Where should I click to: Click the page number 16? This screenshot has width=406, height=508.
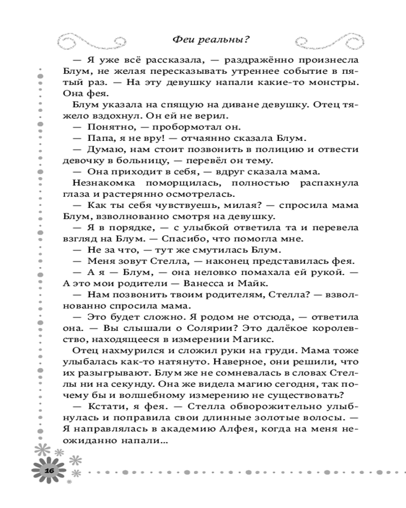coord(49,470)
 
